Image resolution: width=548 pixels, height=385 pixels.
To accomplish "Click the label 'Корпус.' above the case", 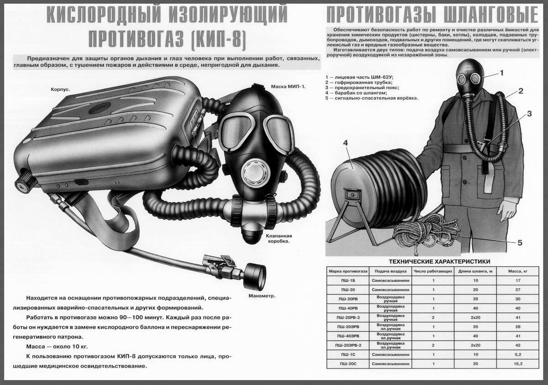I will [x=60, y=90].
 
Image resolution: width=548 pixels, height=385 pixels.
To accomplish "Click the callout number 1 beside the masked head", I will [x=501, y=72].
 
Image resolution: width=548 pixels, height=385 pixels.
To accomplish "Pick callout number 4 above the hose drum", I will [x=345, y=143].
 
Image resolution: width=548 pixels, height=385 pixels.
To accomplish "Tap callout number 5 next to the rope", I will [x=519, y=243].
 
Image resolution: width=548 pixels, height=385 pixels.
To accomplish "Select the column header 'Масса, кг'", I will [x=518, y=271].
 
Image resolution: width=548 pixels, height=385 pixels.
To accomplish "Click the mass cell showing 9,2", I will [x=518, y=354].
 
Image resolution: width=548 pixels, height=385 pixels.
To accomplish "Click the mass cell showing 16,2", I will [x=518, y=364].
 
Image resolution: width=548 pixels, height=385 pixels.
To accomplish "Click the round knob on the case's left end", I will [x=21, y=184].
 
